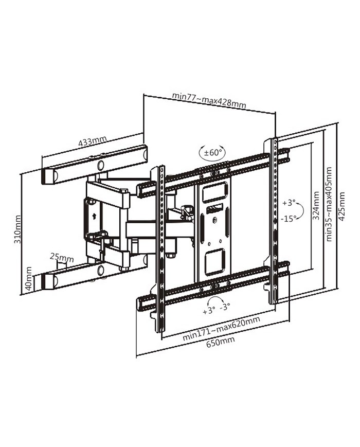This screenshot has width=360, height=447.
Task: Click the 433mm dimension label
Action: point(93,141)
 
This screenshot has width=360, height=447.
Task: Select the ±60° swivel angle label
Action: point(212,152)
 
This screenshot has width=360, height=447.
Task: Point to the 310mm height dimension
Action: point(17,229)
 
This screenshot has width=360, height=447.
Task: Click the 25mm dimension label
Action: point(62,257)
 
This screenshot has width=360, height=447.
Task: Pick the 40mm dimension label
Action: point(29,279)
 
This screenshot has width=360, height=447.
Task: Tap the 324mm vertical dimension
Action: point(316,205)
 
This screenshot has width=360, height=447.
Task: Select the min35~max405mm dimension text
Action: point(329,204)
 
